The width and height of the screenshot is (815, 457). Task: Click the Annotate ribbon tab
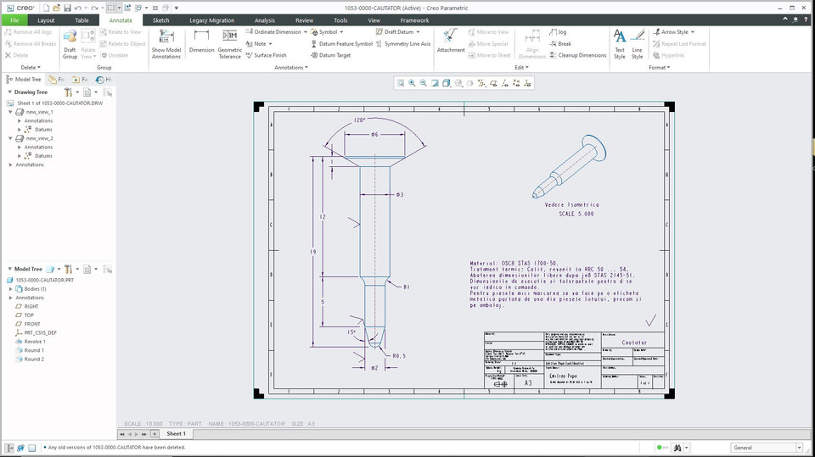pos(121,20)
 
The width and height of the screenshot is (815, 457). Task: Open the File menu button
pos(14,20)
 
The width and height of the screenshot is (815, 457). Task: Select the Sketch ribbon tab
pos(160,20)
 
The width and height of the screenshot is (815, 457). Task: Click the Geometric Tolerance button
pos(229,42)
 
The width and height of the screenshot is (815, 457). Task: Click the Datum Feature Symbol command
pos(341,44)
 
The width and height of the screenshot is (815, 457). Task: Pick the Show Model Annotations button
pos(166,42)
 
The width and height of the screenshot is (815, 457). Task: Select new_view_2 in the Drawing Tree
pos(39,138)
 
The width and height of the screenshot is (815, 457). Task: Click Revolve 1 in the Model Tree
pos(35,342)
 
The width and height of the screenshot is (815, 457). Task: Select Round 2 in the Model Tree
pos(34,359)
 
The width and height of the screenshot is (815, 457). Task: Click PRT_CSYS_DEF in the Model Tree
pos(40,333)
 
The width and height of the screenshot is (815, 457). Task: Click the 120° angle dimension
pos(361,120)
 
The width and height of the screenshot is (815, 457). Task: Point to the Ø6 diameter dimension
pos(374,135)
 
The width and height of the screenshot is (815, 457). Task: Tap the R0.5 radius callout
pos(398,356)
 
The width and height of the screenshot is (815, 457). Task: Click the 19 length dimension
pos(313,253)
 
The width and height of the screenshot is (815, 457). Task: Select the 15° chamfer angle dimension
pos(351,332)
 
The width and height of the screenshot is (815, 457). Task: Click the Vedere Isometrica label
pos(571,205)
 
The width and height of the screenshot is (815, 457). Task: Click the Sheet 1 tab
pos(175,433)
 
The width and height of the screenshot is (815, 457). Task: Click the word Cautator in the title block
pos(634,343)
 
